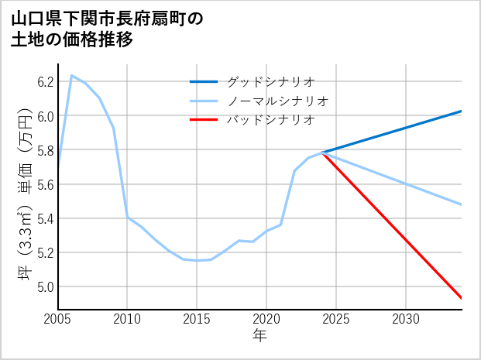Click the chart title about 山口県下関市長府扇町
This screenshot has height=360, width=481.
[x=108, y=29]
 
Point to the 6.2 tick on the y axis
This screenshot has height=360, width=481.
[x=45, y=81]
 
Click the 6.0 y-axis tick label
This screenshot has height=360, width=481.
[x=45, y=116]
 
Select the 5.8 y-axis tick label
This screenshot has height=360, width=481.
[x=45, y=150]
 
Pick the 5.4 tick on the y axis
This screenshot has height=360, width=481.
[x=45, y=218]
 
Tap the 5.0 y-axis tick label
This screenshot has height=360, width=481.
[x=45, y=286]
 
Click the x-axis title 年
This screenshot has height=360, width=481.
[x=259, y=337]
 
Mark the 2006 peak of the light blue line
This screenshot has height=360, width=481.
[x=72, y=75]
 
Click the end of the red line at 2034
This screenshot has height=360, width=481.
[x=462, y=298]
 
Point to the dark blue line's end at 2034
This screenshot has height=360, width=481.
[x=462, y=111]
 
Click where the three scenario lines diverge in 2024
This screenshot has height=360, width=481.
[x=322, y=153]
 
